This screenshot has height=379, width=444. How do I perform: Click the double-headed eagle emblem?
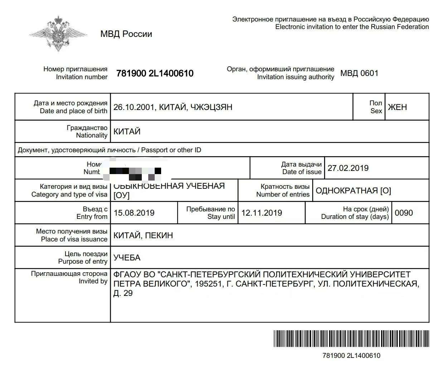(58, 33)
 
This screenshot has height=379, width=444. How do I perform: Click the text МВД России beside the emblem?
(126, 34)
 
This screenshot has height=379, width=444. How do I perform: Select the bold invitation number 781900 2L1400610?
(155, 73)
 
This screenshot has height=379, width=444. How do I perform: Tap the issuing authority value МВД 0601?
(359, 73)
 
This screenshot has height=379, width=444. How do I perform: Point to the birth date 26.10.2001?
(134, 107)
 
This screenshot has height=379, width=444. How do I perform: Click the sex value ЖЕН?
(397, 107)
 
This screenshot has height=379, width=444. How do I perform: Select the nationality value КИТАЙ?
(127, 131)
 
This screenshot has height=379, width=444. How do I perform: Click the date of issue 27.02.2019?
(348, 168)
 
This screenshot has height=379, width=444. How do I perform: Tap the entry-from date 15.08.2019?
(134, 213)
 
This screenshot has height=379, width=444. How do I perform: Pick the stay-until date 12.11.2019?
(261, 213)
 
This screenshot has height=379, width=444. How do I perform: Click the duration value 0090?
(404, 213)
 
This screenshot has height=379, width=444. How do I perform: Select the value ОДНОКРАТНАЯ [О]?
(353, 191)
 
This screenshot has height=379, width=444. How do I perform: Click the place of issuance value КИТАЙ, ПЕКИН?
(143, 235)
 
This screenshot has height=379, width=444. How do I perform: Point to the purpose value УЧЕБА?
(127, 258)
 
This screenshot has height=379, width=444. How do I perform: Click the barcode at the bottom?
(351, 339)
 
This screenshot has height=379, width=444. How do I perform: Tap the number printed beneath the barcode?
(351, 356)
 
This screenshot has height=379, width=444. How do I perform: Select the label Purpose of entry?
(83, 262)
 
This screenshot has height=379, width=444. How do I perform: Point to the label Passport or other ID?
(171, 150)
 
